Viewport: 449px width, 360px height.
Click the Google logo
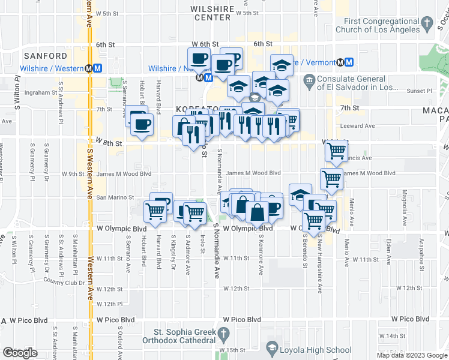(x=20, y=353)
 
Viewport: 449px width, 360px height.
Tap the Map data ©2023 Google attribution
(x=412, y=355)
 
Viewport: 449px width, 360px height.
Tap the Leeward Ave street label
(x=357, y=126)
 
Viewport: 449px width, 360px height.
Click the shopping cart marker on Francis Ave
(x=337, y=150)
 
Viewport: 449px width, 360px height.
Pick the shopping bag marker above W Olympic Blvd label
(x=257, y=211)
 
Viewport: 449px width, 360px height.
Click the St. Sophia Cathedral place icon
(x=224, y=334)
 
